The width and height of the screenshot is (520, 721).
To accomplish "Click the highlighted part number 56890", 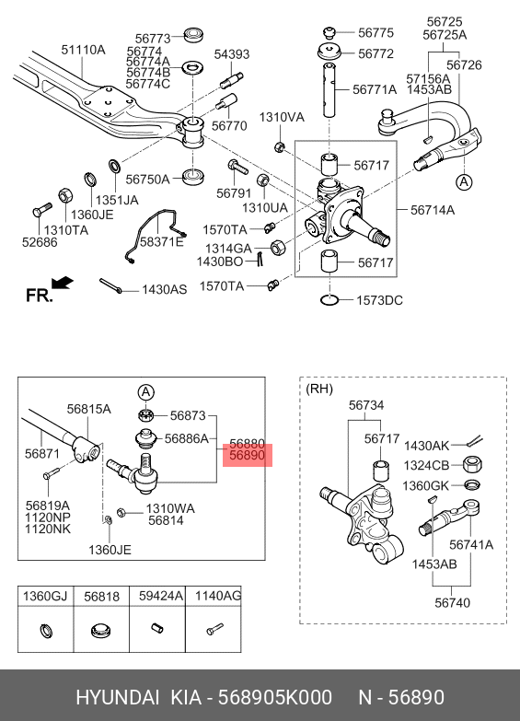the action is (248, 455).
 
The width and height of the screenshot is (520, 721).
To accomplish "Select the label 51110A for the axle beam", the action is (83, 49).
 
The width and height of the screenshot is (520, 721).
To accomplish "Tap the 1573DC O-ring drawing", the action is (329, 300).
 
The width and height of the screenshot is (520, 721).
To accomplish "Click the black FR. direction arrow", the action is (62, 283).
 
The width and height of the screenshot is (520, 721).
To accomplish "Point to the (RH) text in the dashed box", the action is (319, 389).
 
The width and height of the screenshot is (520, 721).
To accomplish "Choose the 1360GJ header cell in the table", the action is (45, 597).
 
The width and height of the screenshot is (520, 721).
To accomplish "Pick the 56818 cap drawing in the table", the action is (101, 630).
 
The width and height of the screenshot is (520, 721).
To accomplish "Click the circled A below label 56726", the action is (464, 182).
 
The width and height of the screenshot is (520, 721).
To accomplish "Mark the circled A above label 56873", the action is (145, 392).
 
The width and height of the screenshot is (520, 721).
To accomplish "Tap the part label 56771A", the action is (375, 89).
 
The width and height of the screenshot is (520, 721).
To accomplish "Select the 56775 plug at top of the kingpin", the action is (329, 32).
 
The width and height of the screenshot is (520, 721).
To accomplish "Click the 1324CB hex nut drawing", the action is (472, 464).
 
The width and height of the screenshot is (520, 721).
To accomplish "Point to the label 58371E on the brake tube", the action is (162, 241).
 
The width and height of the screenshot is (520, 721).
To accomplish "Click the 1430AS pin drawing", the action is (110, 285).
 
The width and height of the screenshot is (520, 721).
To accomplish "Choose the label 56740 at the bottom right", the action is (453, 602).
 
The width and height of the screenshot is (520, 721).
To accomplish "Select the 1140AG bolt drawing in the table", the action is (214, 629).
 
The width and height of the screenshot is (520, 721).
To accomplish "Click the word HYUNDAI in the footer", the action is (117, 697).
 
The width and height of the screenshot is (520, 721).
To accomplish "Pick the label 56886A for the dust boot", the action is (186, 438).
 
